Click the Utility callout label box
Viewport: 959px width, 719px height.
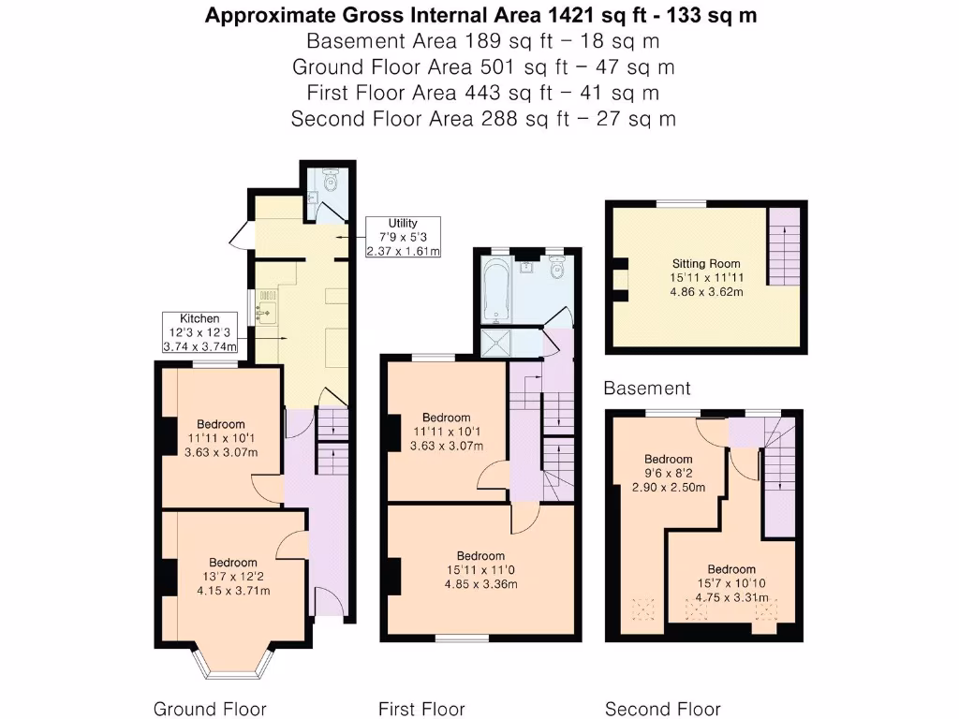tap(403, 237)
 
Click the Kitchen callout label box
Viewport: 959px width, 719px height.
tap(199, 332)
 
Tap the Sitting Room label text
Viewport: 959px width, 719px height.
tap(706, 264)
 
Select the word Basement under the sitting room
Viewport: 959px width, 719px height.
tap(647, 388)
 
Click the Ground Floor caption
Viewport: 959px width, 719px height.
tap(210, 709)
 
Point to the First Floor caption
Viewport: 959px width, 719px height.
tap(421, 709)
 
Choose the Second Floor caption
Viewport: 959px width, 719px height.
tap(663, 709)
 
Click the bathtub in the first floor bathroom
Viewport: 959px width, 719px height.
tap(495, 290)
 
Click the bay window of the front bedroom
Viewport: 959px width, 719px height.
tap(235, 663)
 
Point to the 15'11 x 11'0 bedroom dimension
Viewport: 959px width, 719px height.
tap(481, 570)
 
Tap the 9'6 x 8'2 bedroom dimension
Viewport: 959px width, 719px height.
tap(669, 474)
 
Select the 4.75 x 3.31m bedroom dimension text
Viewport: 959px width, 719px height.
tap(731, 598)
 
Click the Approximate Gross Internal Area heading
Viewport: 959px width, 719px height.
tap(481, 15)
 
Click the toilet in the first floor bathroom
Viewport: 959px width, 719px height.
tap(557, 271)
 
